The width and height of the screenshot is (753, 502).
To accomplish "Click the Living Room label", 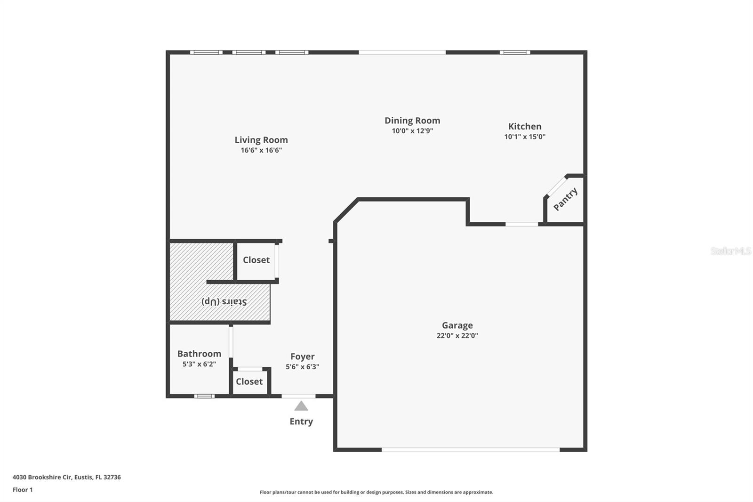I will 261,140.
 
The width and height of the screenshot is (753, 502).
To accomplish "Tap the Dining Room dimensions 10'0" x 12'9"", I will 412,131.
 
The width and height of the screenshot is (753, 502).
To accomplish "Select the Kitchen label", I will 525,126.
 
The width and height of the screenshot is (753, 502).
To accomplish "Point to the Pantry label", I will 565,199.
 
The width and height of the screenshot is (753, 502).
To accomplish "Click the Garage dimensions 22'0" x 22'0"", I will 457,336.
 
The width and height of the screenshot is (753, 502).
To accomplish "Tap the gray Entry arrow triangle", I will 301,406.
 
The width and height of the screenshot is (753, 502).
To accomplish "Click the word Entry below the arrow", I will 301,421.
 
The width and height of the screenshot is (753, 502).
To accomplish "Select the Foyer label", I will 302,356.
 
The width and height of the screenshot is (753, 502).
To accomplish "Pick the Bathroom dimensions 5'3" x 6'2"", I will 199,364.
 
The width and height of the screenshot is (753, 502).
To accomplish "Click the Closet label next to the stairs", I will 256,260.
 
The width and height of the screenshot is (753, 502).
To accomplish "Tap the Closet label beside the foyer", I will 249,381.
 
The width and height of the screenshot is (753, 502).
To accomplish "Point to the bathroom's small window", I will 204,396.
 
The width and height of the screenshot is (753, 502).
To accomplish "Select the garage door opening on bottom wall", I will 471,450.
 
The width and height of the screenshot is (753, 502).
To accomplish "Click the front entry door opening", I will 298,396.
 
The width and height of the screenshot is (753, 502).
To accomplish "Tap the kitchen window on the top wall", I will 514,52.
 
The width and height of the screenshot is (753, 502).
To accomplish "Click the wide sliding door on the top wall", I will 402,52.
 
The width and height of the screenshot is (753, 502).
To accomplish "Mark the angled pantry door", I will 556,186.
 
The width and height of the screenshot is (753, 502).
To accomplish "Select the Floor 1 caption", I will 23,490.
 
